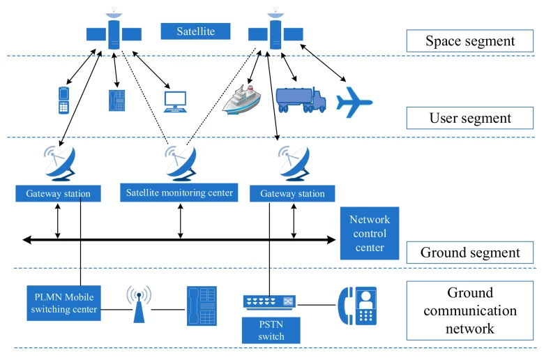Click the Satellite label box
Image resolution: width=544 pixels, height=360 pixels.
tap(195, 31)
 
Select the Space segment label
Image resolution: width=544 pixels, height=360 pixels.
tap(470, 40)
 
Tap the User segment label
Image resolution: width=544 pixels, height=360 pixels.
tap(470, 118)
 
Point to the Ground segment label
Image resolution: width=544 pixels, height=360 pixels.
tap(470, 253)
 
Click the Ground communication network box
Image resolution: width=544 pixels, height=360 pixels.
tap(470, 310)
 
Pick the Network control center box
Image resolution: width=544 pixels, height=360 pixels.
tap(370, 233)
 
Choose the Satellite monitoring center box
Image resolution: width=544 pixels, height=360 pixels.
tap(179, 192)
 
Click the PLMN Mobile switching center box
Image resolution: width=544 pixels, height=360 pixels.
tap(63, 303)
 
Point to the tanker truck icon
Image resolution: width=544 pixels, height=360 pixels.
tap(301, 99)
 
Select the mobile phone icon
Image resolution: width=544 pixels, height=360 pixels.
tap(63, 100)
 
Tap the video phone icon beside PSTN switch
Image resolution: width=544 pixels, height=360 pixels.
tap(357, 305)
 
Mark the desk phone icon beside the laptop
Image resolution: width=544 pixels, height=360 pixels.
tap(115, 100)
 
